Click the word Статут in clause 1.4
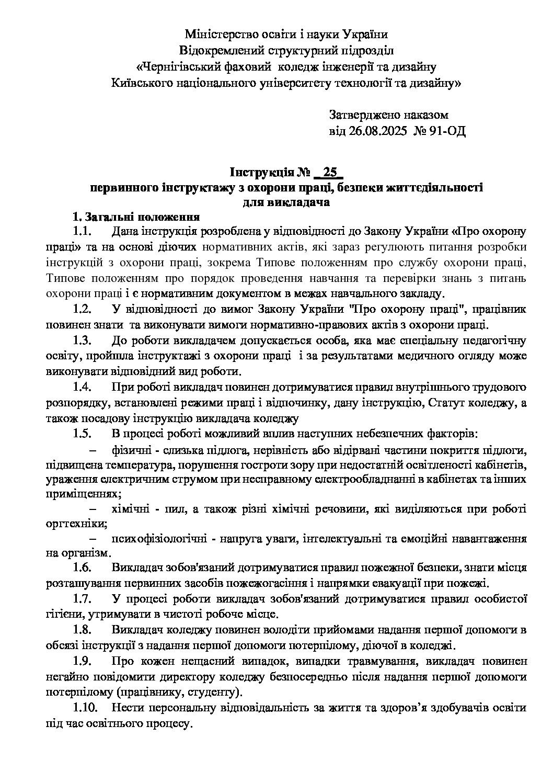pyautogui.click(x=455, y=403)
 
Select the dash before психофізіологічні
pyautogui.click(x=95, y=538)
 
